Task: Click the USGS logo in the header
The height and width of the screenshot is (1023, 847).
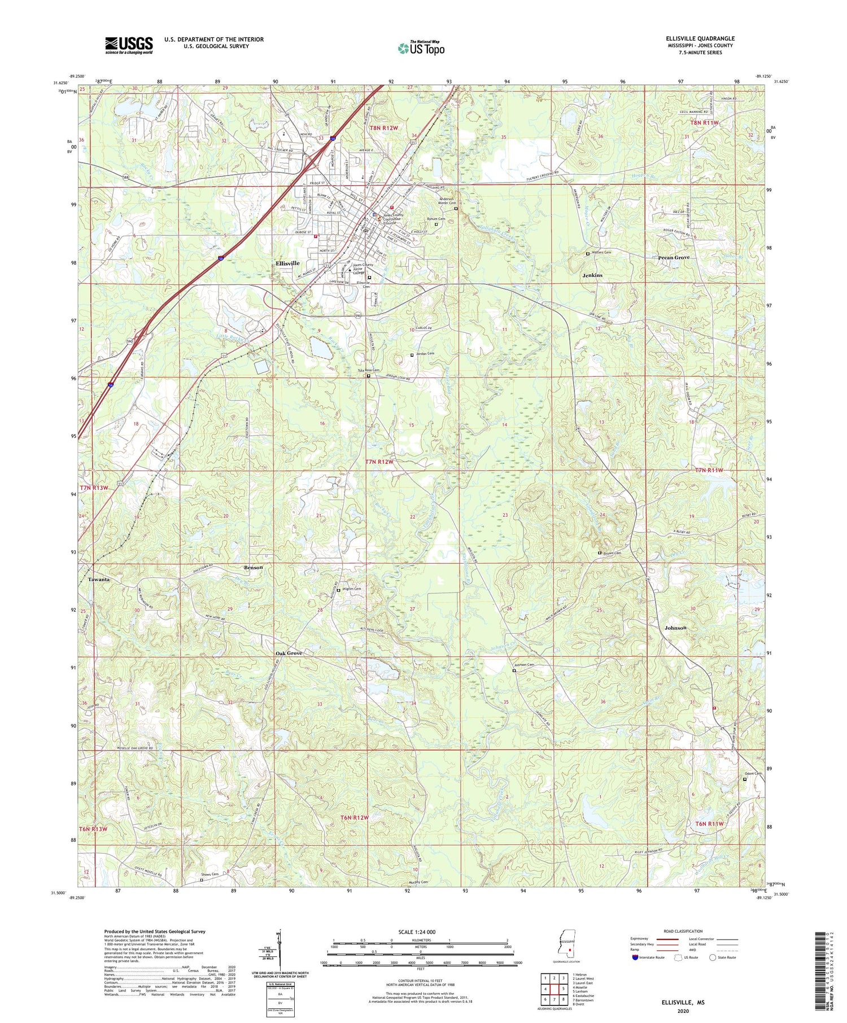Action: [129, 45]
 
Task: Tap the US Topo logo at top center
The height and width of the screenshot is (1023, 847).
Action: [420, 49]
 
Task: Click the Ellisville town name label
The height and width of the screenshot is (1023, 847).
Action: [287, 264]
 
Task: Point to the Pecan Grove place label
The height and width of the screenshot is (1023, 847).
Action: [674, 257]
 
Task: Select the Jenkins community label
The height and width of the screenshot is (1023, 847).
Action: [592, 275]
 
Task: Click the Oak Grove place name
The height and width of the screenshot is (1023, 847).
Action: [289, 653]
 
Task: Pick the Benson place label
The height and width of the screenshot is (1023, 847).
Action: [253, 567]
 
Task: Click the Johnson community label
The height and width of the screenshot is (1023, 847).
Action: [675, 627]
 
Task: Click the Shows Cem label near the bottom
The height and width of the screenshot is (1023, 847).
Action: [210, 875]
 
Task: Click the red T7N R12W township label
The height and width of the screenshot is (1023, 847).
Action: [379, 462]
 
